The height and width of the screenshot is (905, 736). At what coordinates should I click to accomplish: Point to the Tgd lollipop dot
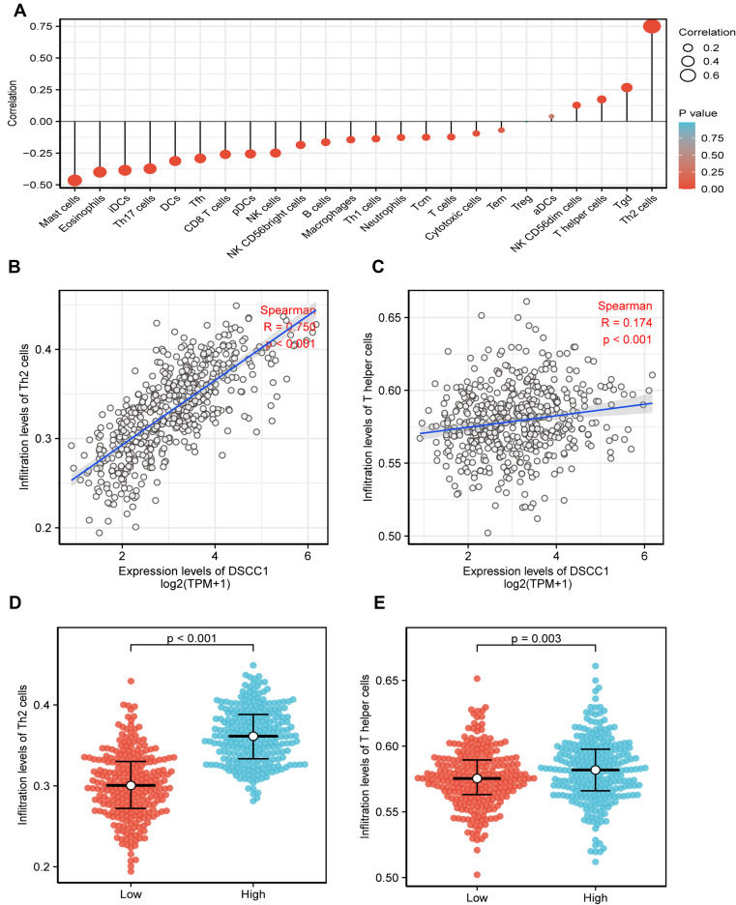627,87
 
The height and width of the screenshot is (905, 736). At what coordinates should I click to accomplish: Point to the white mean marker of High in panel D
252,737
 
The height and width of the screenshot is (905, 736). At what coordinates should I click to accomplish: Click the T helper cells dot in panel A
602,100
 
